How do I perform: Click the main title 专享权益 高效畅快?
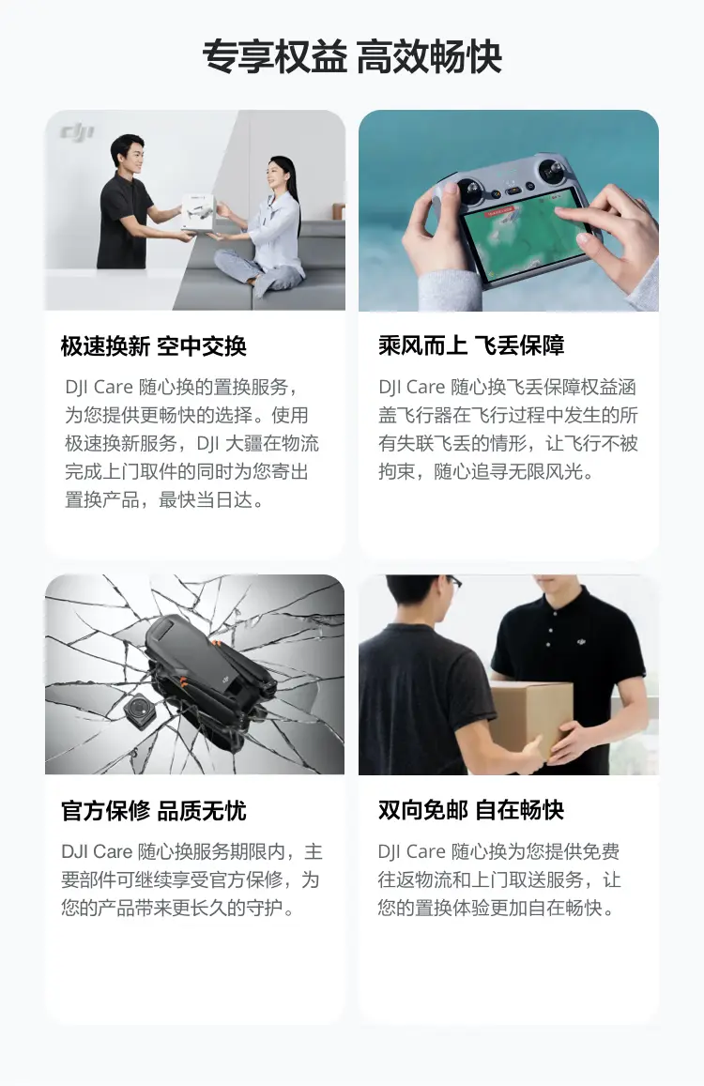click(x=352, y=57)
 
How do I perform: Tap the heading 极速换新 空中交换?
click(x=154, y=346)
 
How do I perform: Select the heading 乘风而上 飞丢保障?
click(x=471, y=346)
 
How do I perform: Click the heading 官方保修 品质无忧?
click(x=154, y=811)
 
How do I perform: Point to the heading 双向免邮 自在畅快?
click(x=471, y=811)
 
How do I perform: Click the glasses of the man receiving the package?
click(x=453, y=582)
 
